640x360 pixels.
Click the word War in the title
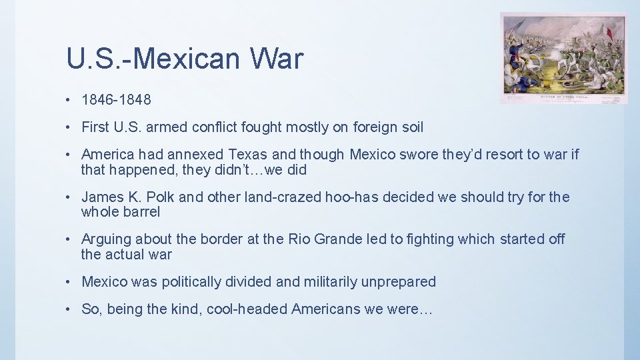click(277, 59)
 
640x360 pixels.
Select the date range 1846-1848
click(116, 100)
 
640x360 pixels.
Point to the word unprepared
click(398, 282)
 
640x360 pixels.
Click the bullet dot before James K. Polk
click(70, 197)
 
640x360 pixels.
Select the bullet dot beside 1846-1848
click(70, 100)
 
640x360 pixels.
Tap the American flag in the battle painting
click(514, 30)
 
